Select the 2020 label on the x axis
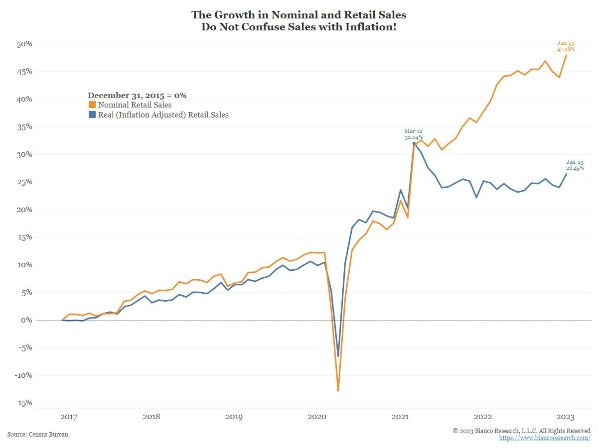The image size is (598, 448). click(317, 416)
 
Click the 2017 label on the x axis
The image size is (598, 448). click(68, 416)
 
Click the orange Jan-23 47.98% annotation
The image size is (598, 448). click(566, 46)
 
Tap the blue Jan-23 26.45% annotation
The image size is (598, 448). click(575, 165)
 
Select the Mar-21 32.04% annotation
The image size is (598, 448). click(414, 134)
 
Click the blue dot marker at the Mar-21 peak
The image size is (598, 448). click(414, 143)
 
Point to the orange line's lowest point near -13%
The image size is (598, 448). click(338, 390)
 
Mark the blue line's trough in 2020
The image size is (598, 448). click(338, 356)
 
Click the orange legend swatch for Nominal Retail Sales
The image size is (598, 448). click(92, 105)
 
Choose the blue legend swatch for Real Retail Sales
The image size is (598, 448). click(92, 114)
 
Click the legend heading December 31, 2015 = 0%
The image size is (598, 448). click(137, 95)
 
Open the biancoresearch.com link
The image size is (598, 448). click(545, 438)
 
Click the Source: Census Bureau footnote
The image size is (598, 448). click(38, 435)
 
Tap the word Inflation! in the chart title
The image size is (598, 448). click(371, 27)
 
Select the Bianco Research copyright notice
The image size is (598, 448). click(522, 430)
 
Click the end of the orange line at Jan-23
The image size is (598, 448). click(566, 55)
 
